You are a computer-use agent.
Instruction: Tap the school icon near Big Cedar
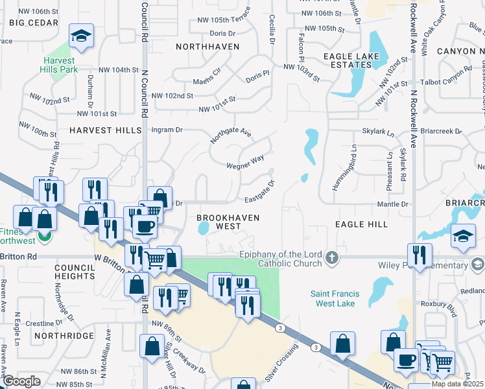(82, 37)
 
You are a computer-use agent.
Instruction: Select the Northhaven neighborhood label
(208, 47)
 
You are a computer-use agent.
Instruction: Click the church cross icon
(332, 258)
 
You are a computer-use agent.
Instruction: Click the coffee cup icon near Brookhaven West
(145, 227)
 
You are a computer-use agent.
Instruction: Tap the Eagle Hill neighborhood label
(361, 224)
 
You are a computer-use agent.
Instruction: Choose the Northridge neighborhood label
(64, 336)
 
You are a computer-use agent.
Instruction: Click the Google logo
(22, 381)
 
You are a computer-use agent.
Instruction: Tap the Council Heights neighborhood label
(75, 272)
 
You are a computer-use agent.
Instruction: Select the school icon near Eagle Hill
(463, 235)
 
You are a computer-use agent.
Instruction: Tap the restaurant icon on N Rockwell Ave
(418, 255)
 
